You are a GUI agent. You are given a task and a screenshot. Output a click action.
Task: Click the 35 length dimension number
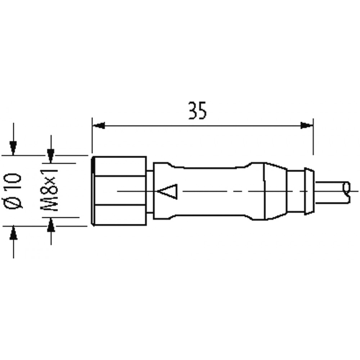[197, 111]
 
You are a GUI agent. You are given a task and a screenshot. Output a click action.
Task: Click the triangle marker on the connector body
[168, 192]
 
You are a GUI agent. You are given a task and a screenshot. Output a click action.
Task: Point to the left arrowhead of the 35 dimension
[99, 126]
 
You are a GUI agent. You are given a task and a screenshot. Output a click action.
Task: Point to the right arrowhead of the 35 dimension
[307, 126]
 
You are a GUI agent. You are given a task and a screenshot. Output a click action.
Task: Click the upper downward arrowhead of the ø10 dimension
[13, 148]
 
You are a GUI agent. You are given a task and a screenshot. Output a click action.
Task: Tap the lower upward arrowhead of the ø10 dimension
[14, 233]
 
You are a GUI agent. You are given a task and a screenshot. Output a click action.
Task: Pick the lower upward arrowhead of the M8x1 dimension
[51, 225]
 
